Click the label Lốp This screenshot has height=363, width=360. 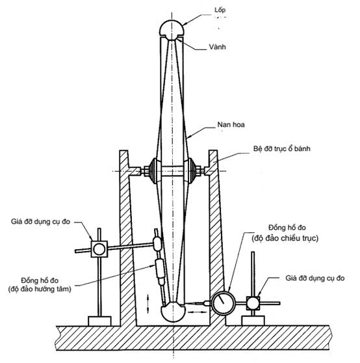click(x=220, y=10)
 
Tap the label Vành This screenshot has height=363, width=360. click(x=217, y=47)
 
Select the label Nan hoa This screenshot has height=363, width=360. click(x=231, y=125)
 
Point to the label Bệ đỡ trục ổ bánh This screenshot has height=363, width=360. click(x=281, y=148)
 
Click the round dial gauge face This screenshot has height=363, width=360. click(x=224, y=303)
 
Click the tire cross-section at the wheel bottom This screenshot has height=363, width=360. click(x=173, y=312)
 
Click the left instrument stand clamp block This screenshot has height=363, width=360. click(x=99, y=249)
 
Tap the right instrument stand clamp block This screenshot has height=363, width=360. click(x=253, y=303)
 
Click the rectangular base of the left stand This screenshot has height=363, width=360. click(x=99, y=321)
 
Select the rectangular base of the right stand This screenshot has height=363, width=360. click(x=253, y=321)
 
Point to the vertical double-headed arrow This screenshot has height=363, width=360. click(x=148, y=304)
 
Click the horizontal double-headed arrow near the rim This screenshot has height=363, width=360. click(x=197, y=312)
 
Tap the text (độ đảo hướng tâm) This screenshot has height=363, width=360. click(x=40, y=289)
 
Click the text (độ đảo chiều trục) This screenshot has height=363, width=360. click(x=285, y=238)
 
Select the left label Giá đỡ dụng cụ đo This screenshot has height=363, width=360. click(x=40, y=222)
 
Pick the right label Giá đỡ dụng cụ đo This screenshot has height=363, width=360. click(x=315, y=278)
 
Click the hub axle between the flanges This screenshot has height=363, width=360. click(x=172, y=171)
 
